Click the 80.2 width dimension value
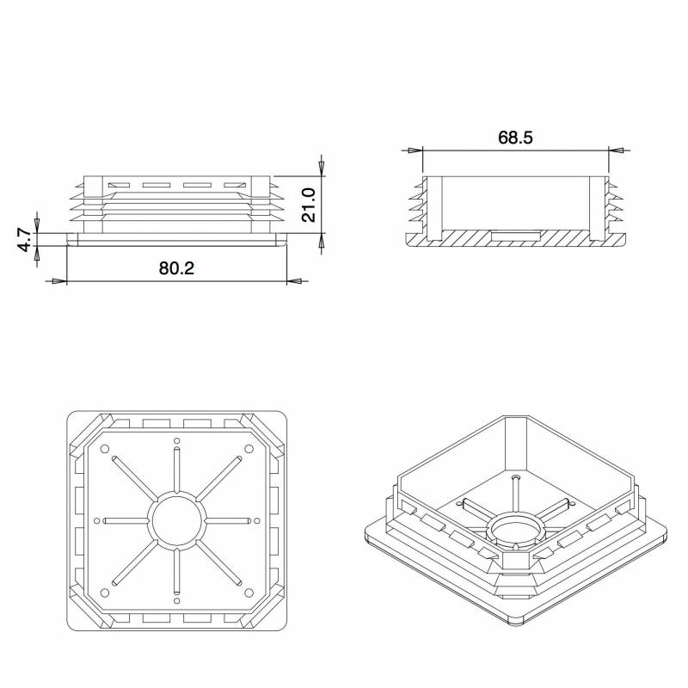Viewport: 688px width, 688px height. pyautogui.click(x=176, y=268)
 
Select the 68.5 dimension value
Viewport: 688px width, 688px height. pyautogui.click(x=516, y=138)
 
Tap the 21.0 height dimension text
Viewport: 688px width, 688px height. pyautogui.click(x=309, y=205)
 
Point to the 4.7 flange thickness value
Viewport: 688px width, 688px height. pyautogui.click(x=25, y=239)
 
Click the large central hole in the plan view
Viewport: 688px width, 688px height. pyautogui.click(x=177, y=521)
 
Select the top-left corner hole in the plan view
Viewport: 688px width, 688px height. pyautogui.click(x=105, y=449)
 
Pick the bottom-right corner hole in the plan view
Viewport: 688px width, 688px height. pyautogui.click(x=249, y=593)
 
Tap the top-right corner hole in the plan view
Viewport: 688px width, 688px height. pyautogui.click(x=249, y=449)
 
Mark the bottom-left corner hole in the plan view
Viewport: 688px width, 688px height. pyautogui.click(x=105, y=593)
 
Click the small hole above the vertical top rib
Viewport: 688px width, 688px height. pyautogui.click(x=177, y=441)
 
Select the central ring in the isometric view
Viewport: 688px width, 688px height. pyautogui.click(x=514, y=531)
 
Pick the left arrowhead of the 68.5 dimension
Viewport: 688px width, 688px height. pyautogui.click(x=415, y=150)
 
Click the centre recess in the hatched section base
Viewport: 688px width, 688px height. pyautogui.click(x=515, y=234)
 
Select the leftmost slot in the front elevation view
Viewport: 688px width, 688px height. pyautogui.click(x=118, y=186)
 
